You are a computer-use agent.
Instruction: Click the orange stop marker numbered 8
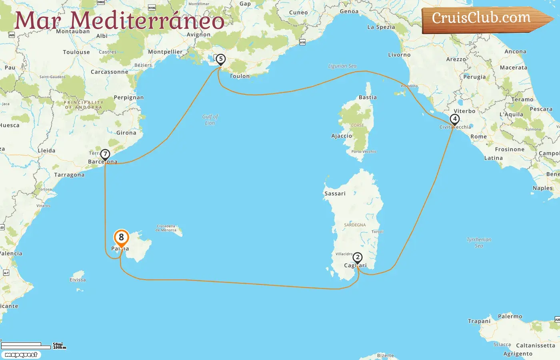121,238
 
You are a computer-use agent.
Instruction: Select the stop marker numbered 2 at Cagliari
358,258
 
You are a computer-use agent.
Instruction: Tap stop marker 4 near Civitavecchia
454,119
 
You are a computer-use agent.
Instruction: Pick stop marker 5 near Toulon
220,59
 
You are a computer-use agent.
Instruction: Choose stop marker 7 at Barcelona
105,154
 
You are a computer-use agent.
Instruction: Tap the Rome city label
478,137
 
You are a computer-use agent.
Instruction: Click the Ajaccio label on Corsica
342,136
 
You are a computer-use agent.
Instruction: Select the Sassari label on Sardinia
335,194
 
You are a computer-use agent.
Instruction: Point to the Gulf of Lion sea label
210,120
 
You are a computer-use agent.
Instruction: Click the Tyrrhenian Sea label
479,242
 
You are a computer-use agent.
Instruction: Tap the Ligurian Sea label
342,66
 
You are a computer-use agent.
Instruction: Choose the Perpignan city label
128,98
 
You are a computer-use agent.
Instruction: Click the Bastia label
368,97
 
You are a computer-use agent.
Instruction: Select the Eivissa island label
78,280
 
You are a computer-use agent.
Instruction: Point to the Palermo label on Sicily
510,316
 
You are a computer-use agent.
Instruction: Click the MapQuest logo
21,355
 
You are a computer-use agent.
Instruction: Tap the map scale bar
26,346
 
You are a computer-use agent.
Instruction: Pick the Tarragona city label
69,175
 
